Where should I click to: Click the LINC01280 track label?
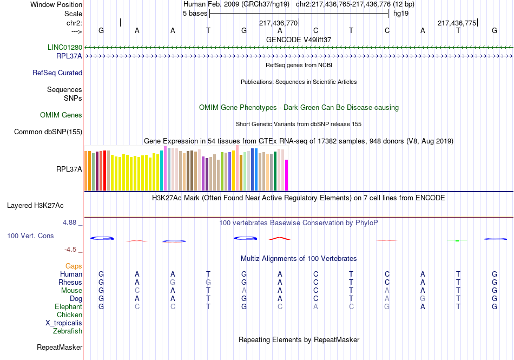pos(65,47)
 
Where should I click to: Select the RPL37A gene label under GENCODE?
pos(69,56)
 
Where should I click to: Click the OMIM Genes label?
pos(61,115)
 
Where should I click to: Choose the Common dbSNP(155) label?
pos(48,132)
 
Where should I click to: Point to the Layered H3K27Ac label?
pos(35,205)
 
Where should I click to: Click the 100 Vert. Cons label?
pos(30,236)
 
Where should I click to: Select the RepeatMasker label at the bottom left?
pos(60,347)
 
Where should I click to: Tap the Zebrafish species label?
pos(68,331)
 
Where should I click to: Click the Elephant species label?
pos(69,306)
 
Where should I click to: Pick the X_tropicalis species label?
pos(64,323)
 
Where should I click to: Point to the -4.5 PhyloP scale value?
pos(71,250)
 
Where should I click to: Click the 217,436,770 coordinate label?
pos(278,23)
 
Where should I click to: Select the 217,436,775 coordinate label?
pos(457,23)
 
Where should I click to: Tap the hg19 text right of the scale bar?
pos(401,14)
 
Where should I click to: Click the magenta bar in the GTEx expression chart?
pos(287,175)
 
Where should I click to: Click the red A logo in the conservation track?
pos(279,238)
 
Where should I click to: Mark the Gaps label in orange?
pos(74,266)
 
